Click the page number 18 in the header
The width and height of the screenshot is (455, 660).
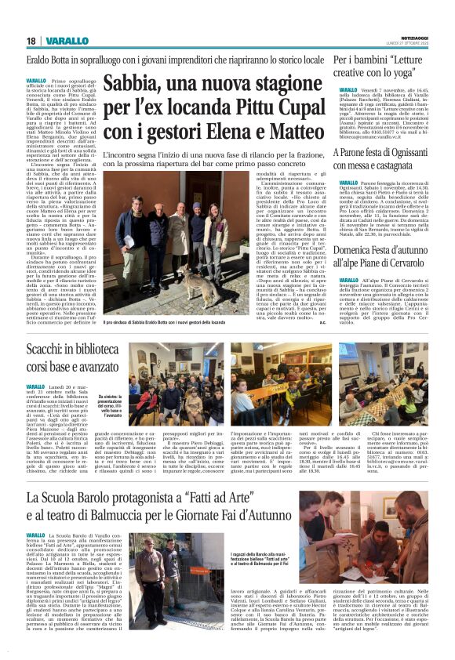click(31, 41)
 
